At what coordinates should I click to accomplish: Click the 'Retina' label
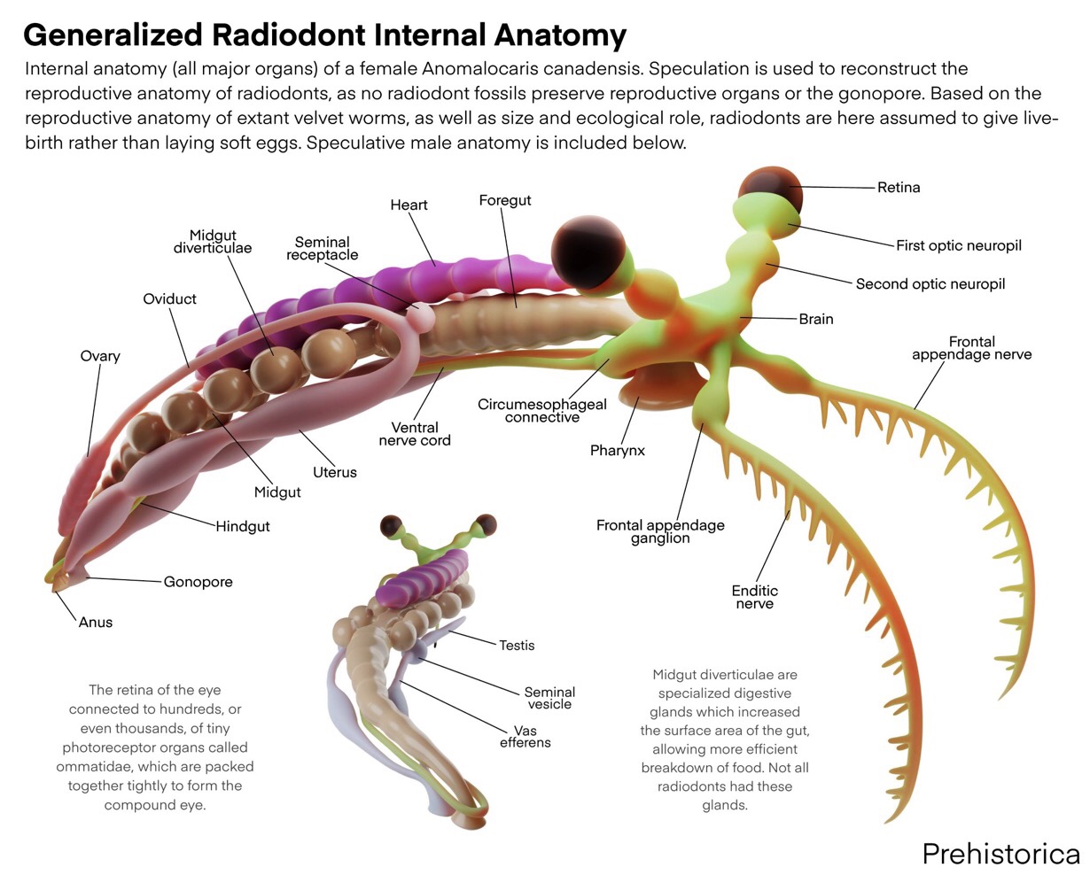tap(899, 188)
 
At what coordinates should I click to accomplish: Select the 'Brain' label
tap(815, 319)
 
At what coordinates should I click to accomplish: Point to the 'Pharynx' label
tap(618, 451)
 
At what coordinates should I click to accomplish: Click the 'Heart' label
tap(409, 205)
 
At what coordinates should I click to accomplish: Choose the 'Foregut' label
tap(504, 200)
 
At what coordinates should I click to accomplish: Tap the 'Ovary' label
tap(100, 356)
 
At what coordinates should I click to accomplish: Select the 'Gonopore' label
tap(198, 582)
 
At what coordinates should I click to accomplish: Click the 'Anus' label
tap(96, 623)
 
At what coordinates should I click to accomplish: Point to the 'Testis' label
tap(517, 646)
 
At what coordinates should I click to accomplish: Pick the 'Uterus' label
tap(334, 472)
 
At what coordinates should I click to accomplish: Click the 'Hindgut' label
tap(242, 526)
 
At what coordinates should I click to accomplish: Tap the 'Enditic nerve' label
tap(754, 597)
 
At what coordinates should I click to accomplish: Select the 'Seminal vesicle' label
tap(549, 698)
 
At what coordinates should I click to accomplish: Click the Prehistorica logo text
tap(1000, 853)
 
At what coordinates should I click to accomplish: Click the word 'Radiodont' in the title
tap(289, 35)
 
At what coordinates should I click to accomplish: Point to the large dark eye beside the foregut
tap(585, 250)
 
